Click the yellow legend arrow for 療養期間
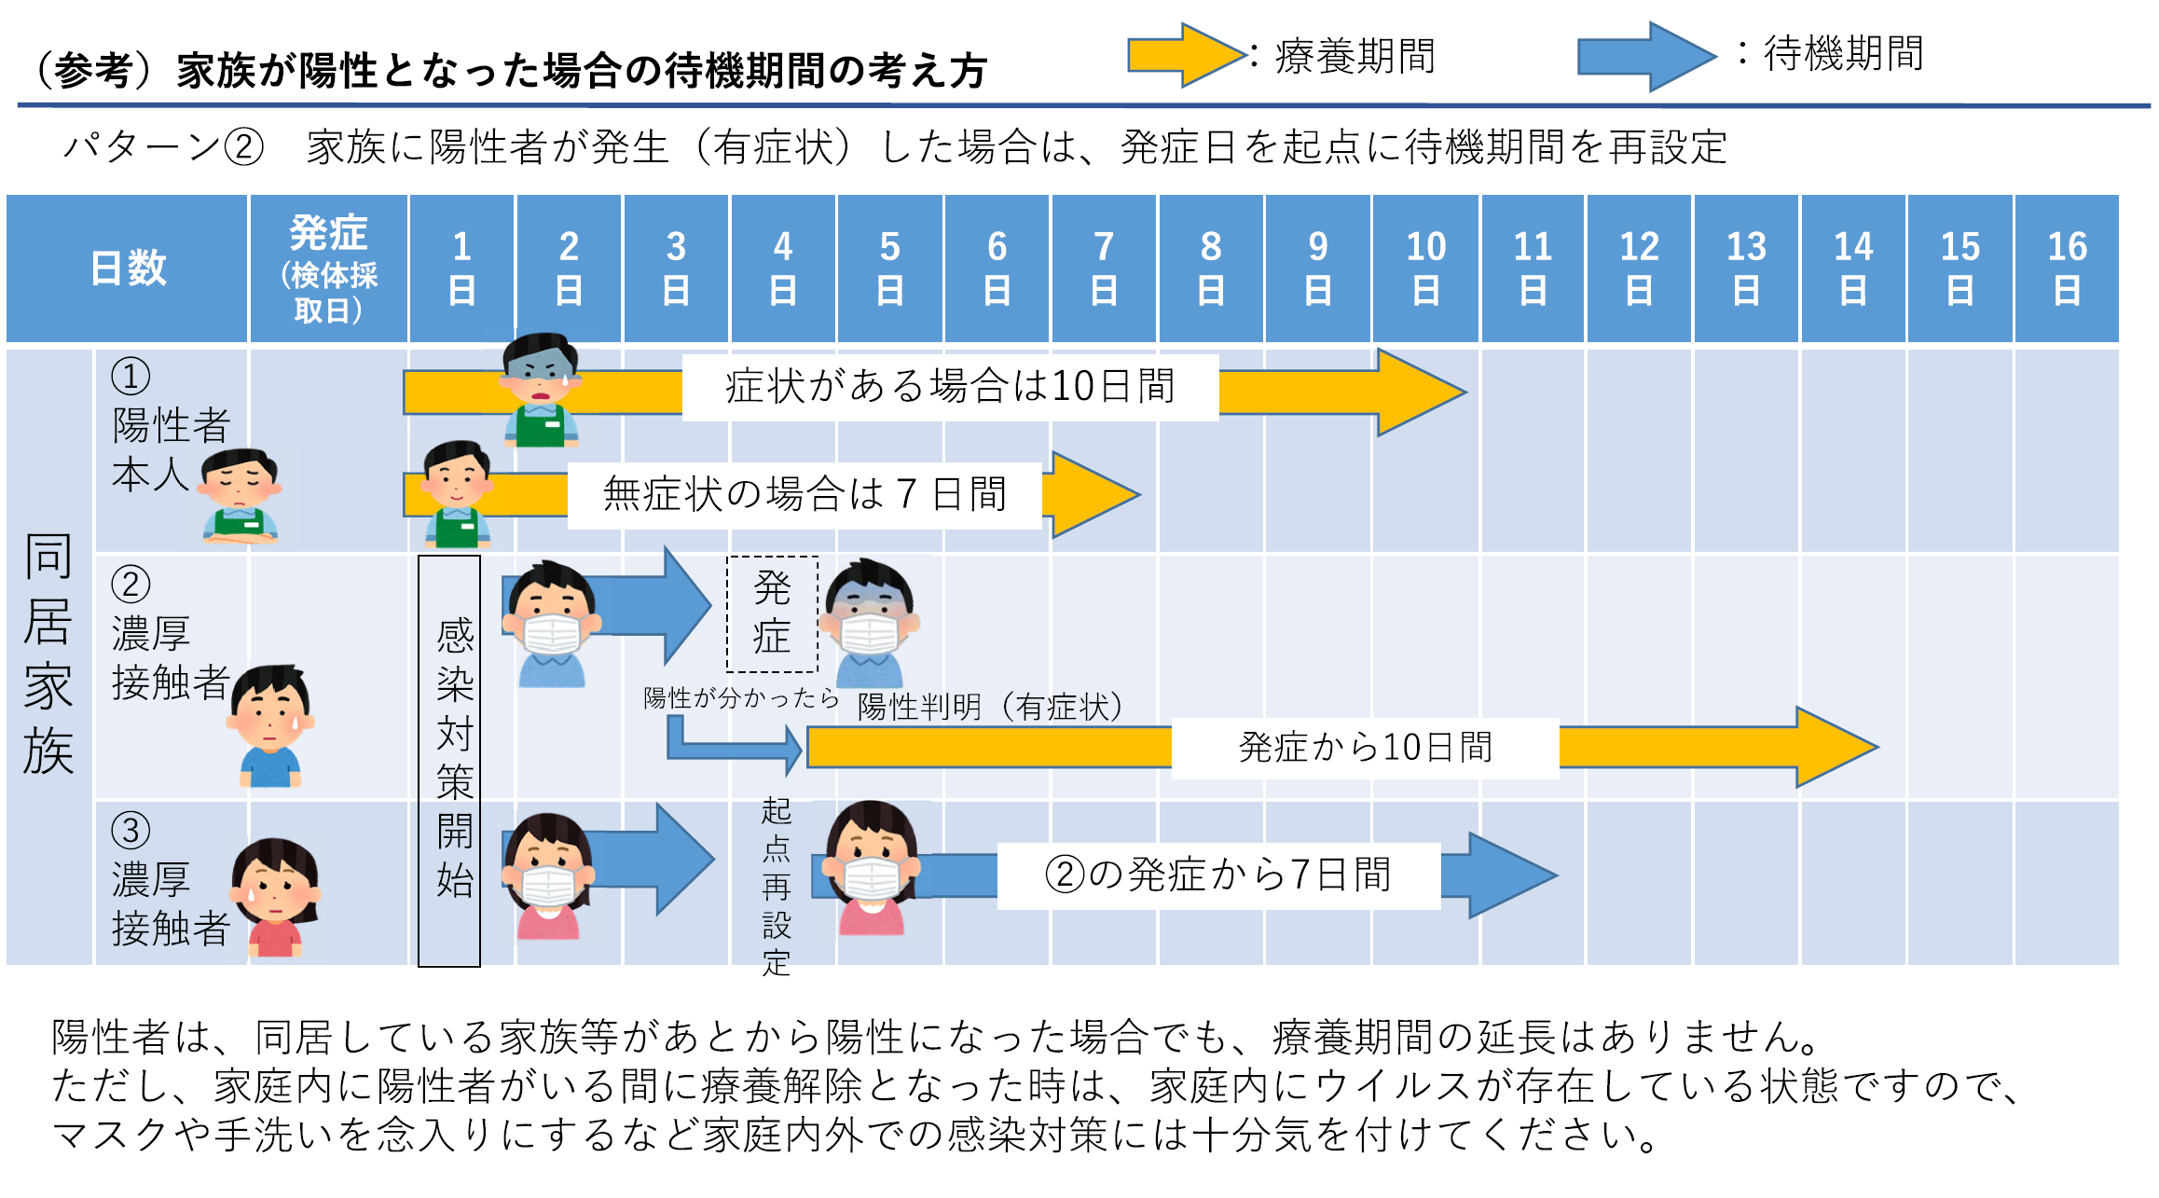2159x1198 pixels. pos(1184,56)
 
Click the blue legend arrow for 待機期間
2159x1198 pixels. pos(1645,56)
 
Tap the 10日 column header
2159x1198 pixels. pos(1425,269)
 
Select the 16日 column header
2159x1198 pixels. pos(2066,269)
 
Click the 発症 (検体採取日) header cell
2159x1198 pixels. pos(328,269)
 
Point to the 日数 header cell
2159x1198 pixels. pos(128,269)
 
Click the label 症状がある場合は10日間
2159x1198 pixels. pos(950,387)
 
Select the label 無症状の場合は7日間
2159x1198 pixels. pos(804,495)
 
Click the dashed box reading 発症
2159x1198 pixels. pos(772,613)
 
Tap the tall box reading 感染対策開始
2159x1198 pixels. pos(449,760)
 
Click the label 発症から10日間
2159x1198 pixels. pos(1365,748)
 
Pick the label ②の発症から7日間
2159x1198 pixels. pos(1218,875)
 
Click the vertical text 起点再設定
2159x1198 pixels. pos(776,886)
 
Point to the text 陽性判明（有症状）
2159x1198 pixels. pos(990,707)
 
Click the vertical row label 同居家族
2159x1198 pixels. pos(48,653)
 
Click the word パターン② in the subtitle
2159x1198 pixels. pos(164,147)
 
